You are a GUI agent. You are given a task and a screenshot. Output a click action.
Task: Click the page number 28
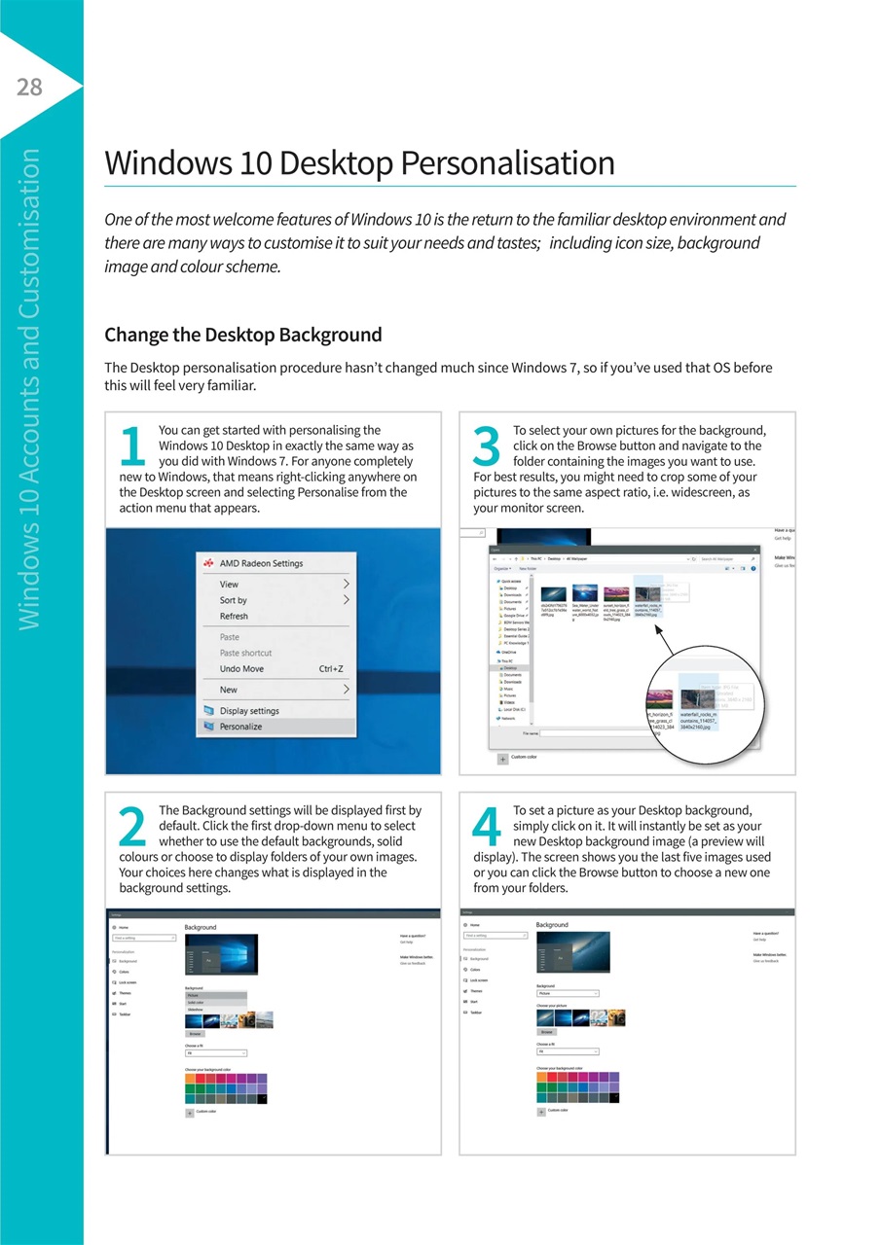[x=29, y=88]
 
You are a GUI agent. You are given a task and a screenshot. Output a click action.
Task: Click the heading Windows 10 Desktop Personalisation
[x=359, y=162]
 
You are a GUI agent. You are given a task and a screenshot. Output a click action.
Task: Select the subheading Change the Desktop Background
[x=242, y=335]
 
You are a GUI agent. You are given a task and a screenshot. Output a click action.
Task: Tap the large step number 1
[x=134, y=446]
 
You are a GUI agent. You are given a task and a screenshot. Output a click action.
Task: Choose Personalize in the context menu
[x=240, y=727]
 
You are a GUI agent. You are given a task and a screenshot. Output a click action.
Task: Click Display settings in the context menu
[x=248, y=711]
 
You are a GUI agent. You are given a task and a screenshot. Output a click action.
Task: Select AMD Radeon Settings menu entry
[x=260, y=563]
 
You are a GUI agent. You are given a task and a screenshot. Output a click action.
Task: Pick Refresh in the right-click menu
[x=234, y=617]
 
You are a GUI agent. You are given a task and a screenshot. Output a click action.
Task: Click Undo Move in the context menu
[x=241, y=669]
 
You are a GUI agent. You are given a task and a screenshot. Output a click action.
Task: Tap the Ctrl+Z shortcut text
[x=331, y=669]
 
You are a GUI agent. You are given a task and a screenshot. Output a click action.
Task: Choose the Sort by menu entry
[x=233, y=600]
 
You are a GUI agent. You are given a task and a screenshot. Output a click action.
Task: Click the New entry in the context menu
[x=228, y=690]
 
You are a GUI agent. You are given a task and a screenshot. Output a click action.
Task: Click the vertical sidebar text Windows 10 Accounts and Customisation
[x=29, y=389]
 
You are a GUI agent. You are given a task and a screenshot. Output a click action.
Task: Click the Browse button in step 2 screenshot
[x=195, y=1034]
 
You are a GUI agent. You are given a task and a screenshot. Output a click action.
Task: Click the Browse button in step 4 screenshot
[x=546, y=1031]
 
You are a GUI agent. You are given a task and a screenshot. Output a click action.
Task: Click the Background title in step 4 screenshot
[x=551, y=925]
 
